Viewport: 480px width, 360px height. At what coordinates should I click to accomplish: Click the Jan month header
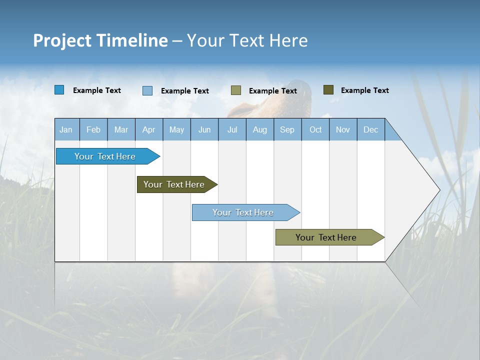[66, 129]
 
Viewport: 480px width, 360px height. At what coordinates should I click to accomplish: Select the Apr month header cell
[149, 129]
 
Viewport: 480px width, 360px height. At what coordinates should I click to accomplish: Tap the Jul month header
[232, 129]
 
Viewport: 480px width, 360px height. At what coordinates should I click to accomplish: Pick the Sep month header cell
[287, 129]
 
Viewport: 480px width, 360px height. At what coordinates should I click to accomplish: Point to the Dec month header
[370, 129]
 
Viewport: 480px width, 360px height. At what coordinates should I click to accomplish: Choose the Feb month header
[93, 129]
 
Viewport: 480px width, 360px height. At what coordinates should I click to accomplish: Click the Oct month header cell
[315, 129]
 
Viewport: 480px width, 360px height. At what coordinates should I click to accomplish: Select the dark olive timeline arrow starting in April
[175, 184]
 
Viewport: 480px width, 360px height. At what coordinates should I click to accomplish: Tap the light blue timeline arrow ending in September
[244, 212]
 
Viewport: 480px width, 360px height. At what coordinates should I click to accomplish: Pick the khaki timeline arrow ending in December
[327, 237]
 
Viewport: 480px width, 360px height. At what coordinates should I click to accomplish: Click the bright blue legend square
[59, 90]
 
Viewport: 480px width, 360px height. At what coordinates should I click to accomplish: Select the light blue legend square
[147, 90]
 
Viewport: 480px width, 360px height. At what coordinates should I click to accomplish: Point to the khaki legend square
[236, 90]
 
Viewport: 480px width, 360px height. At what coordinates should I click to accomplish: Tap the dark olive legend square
[328, 90]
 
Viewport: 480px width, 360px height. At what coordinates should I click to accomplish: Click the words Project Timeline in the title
[100, 40]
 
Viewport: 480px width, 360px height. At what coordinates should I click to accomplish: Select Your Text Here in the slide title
[247, 40]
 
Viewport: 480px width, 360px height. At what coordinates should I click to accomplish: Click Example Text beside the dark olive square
[364, 90]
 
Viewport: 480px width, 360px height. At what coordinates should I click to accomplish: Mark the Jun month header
[204, 129]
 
